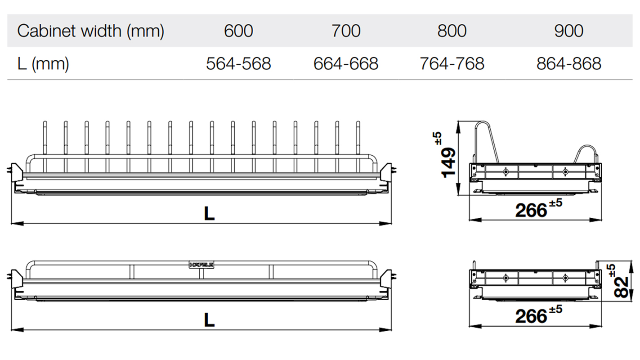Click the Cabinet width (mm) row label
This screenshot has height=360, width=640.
[90, 31]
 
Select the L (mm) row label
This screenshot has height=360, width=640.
[43, 64]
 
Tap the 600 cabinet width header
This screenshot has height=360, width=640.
[238, 31]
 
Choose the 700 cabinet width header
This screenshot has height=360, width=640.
[346, 31]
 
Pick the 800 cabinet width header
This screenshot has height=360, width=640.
[452, 31]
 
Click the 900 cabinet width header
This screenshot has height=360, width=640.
[568, 31]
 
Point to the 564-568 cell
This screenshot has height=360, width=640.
[238, 64]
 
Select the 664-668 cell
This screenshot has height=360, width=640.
[346, 64]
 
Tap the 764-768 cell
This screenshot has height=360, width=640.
[452, 64]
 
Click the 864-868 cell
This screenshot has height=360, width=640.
[568, 64]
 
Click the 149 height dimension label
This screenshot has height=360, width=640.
[448, 161]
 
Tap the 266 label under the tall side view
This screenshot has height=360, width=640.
[531, 210]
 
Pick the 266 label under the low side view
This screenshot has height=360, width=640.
[531, 316]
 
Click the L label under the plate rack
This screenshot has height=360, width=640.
[209, 214]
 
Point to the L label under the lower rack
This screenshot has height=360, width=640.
[209, 320]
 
